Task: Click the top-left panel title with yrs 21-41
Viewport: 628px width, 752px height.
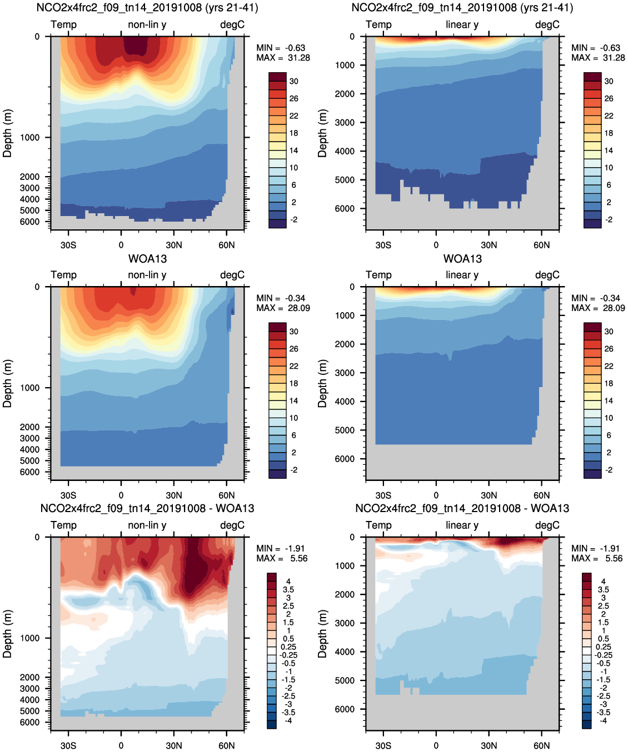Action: pos(147,8)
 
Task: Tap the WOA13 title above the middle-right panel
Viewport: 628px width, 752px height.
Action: pos(462,259)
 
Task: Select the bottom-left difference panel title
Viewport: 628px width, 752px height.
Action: pos(147,509)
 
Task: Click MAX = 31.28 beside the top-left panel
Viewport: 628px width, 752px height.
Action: pos(283,58)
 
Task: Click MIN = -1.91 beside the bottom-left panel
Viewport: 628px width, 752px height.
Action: pos(281,549)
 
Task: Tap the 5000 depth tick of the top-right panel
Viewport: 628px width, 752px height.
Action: pos(345,180)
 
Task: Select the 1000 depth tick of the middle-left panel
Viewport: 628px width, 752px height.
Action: pos(29,388)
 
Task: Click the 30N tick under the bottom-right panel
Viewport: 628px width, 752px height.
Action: pos(489,745)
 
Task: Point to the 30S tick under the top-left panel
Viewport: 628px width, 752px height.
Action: pos(68,245)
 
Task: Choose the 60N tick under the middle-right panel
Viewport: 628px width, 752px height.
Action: pos(541,495)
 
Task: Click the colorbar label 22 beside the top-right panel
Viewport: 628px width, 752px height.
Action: pos(609,116)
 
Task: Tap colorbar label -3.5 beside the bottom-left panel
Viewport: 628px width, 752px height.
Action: pos(288,713)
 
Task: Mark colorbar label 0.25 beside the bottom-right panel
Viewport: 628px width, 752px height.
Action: pos(604,647)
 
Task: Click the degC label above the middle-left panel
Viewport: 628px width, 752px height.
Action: pos(232,275)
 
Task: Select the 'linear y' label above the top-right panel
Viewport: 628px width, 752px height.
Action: pos(462,24)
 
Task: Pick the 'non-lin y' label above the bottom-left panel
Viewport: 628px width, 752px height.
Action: pos(147,525)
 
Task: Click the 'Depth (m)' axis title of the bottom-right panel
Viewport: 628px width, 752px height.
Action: pos(322,634)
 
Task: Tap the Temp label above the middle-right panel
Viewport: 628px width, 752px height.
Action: pos(378,275)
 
